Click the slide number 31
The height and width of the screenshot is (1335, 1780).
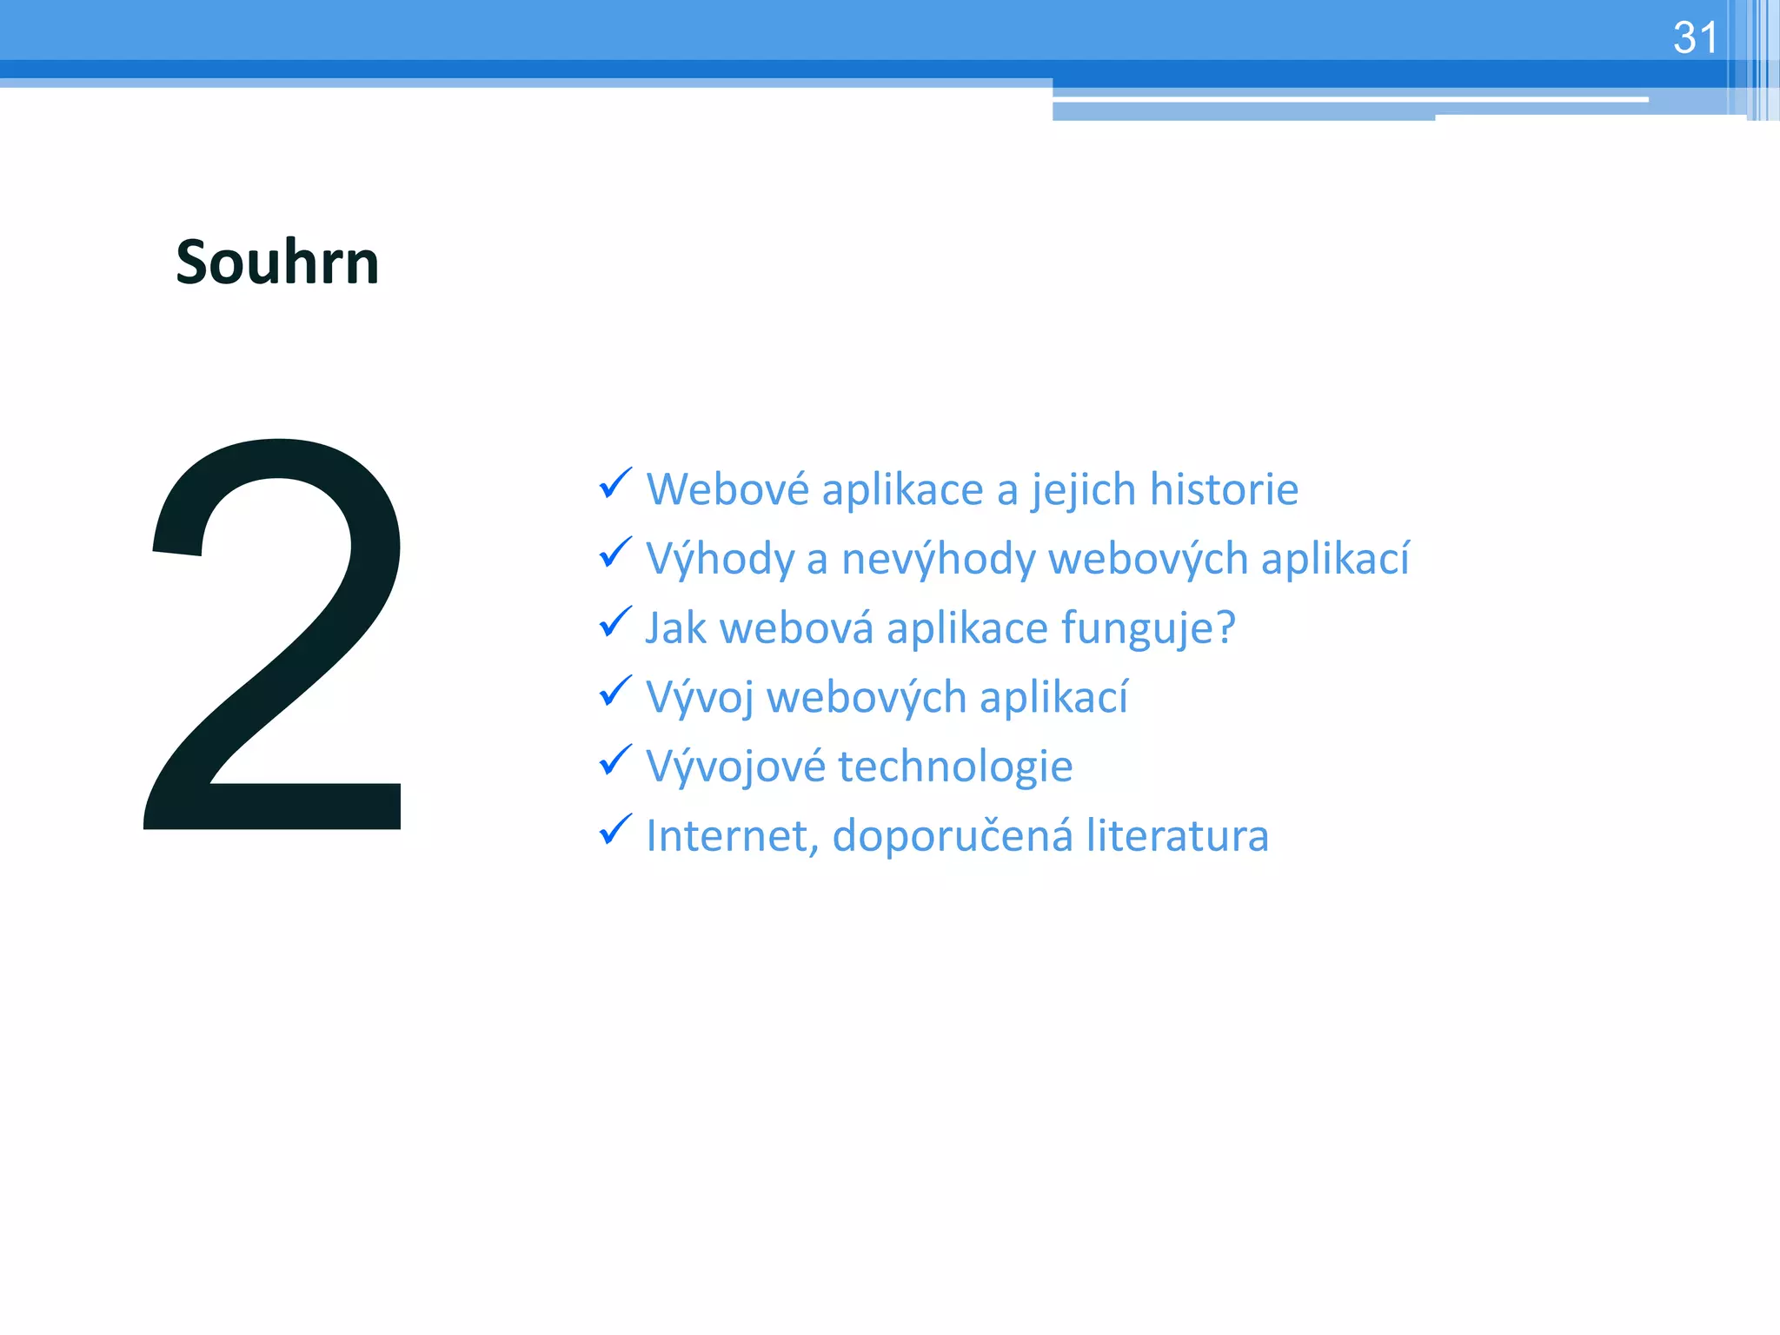pos(1695,38)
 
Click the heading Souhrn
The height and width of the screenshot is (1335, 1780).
pos(277,262)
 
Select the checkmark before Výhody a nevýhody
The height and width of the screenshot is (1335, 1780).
pos(615,553)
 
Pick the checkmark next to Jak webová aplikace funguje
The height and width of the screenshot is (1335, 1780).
pos(615,622)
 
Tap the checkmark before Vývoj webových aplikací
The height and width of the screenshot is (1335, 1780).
pos(615,692)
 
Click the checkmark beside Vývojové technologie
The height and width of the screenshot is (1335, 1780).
pos(615,760)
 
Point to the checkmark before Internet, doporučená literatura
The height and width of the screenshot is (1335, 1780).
pos(615,830)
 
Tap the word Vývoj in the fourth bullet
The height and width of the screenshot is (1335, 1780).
pos(700,698)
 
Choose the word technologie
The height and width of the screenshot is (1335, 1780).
pos(955,767)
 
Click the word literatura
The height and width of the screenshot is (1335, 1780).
pos(1178,836)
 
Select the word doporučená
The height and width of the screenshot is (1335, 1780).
pos(953,836)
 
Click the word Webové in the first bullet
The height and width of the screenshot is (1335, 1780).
pos(727,489)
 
